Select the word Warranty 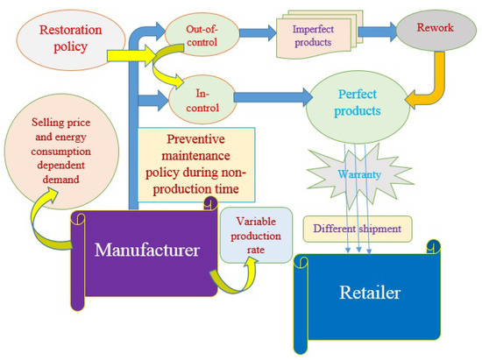tap(358, 175)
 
